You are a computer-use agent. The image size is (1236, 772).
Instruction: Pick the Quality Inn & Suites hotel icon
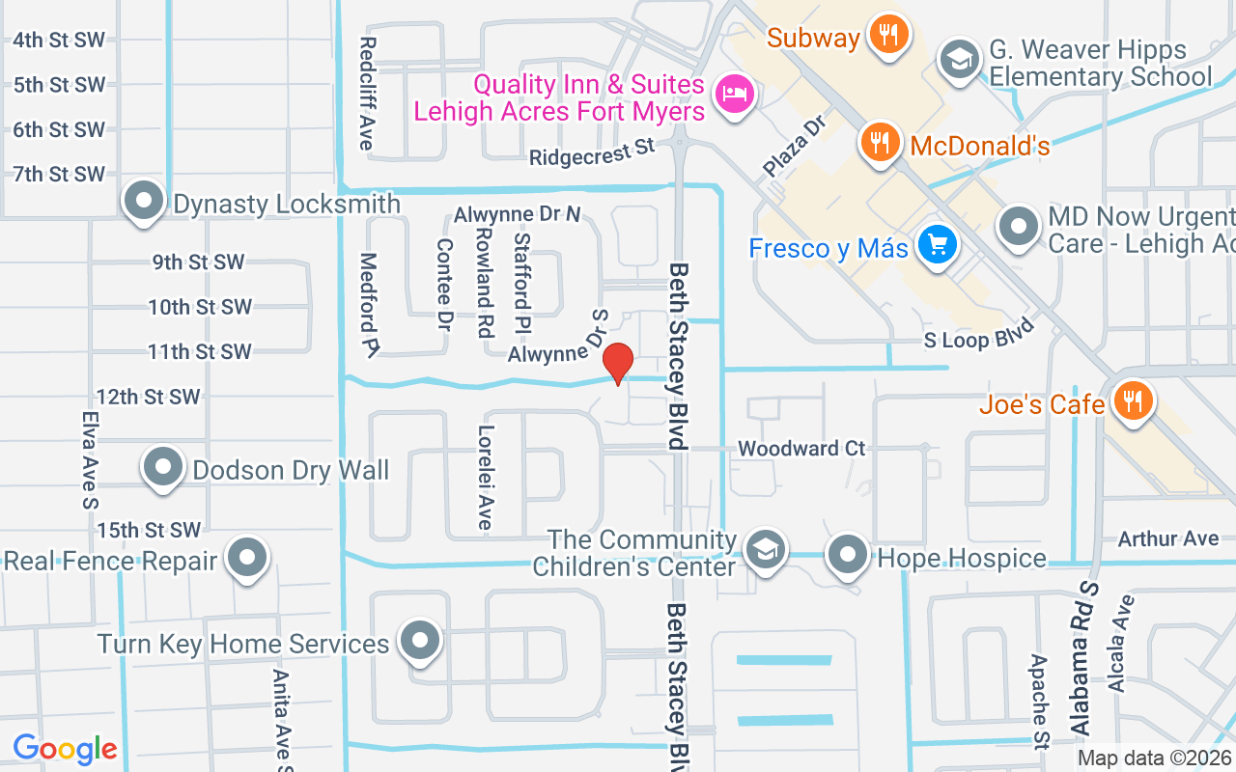pos(735,95)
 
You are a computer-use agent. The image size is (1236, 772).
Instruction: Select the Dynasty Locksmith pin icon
pos(145,202)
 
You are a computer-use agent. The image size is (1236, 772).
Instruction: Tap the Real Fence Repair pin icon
pos(248,557)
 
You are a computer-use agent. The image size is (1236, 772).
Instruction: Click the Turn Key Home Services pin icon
pos(420,640)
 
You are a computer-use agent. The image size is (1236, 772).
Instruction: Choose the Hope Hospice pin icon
pos(849,555)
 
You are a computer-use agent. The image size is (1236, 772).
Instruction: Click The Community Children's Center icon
pos(766,550)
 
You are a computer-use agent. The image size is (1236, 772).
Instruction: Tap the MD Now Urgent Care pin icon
pos(1018,227)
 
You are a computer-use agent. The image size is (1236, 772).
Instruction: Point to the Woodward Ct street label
pos(801,449)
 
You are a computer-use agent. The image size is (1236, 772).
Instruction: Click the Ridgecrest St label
pos(592,152)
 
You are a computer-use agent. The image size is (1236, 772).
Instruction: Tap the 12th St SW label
pos(148,397)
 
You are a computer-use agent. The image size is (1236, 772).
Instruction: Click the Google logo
pos(65,749)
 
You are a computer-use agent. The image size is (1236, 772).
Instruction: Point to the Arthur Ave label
pos(1168,538)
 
